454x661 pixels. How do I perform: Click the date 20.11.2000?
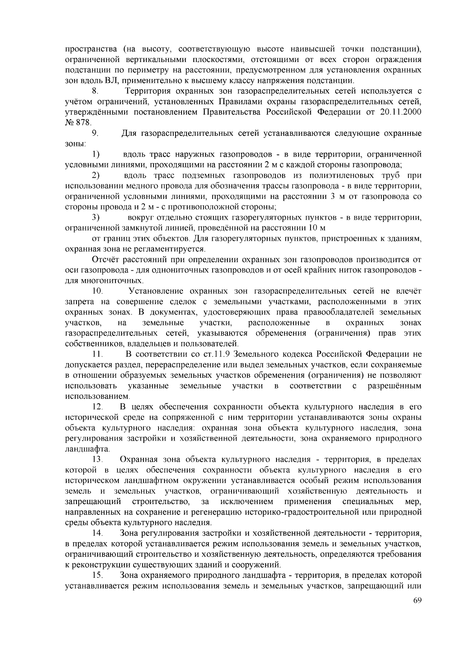400,112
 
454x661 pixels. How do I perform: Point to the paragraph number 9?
95,133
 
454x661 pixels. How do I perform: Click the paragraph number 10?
98,291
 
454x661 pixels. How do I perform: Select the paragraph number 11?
98,354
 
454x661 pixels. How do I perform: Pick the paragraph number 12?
98,407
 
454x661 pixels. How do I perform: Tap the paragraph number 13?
98,459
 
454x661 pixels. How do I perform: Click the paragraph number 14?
98,533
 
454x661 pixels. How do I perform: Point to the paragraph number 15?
98,575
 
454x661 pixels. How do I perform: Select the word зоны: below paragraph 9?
76,144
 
